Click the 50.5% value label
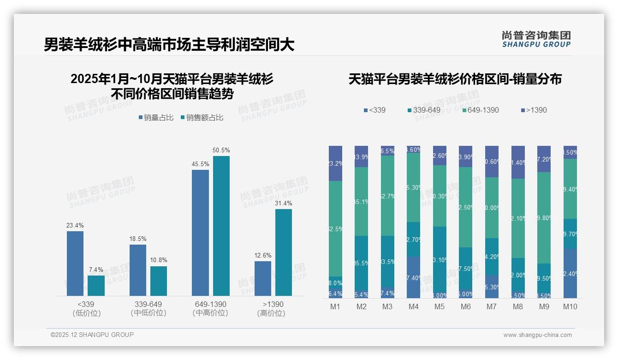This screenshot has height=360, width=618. tap(221, 150)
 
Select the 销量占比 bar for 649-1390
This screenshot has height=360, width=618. tap(200, 233)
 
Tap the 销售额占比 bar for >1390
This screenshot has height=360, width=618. tap(284, 252)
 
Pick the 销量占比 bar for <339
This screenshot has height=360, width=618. tap(75, 263)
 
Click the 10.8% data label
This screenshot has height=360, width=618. tap(159, 260)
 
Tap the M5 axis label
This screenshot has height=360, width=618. tap(440, 306)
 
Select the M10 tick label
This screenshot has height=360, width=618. tap(570, 306)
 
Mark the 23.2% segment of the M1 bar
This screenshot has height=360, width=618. tap(335, 163)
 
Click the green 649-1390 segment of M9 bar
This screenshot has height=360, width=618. tap(544, 218)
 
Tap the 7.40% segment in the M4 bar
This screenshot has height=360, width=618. tap(414, 277)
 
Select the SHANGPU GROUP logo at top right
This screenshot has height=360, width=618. tap(536, 39)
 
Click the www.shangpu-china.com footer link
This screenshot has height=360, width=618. tap(537, 335)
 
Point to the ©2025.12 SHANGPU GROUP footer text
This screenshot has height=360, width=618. tap(92, 335)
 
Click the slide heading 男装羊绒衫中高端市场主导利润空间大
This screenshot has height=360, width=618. tap(169, 45)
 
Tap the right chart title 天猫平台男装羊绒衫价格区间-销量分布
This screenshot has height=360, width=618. tap(455, 79)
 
